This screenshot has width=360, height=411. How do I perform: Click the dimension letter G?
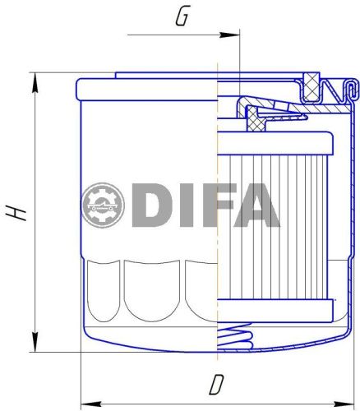(x=185, y=16)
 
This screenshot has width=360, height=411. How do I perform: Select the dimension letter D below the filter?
(x=217, y=384)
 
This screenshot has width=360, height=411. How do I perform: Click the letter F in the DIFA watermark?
(x=210, y=205)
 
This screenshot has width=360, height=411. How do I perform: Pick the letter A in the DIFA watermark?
(x=255, y=205)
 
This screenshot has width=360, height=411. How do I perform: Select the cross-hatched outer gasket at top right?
(x=312, y=81)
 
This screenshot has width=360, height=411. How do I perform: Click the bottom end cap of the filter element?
(x=275, y=310)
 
